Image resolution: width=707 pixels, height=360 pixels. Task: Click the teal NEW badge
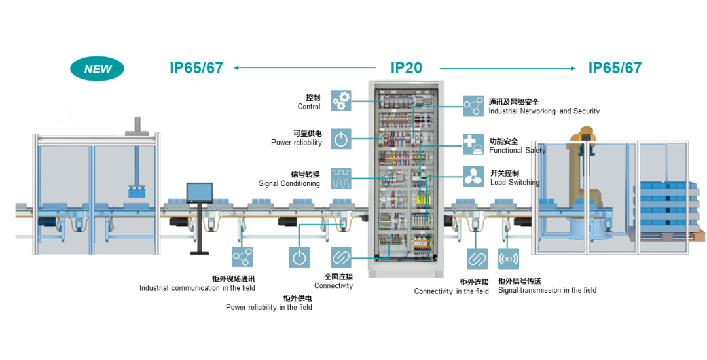tap(97, 68)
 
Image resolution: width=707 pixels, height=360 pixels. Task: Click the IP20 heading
tap(406, 67)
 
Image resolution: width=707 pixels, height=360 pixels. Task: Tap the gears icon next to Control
tap(341, 101)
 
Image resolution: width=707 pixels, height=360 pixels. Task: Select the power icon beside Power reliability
tap(341, 139)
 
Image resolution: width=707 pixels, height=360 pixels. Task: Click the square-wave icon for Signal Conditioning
tap(341, 178)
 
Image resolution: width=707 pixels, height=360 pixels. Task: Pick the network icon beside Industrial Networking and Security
tap(473, 105)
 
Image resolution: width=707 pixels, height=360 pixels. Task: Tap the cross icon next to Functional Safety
tap(473, 145)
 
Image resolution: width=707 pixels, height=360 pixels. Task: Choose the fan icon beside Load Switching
tap(473, 177)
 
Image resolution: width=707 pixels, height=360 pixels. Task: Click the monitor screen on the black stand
tap(200, 192)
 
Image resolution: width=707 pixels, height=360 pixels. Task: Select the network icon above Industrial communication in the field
tap(242, 257)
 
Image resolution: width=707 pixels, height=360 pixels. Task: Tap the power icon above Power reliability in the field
tap(299, 257)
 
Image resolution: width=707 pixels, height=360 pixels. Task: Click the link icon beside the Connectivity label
tap(341, 257)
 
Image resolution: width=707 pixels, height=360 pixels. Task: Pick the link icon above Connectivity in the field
tap(477, 259)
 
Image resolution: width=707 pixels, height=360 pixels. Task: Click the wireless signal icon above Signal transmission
tap(509, 259)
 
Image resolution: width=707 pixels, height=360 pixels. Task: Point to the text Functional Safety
tap(517, 151)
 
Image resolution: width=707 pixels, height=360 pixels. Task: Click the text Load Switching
tap(515, 183)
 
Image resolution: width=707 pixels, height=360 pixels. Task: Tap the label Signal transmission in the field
tap(547, 290)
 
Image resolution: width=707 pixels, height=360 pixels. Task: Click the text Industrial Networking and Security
tap(543, 111)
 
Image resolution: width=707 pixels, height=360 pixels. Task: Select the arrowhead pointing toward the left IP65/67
tap(237, 67)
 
